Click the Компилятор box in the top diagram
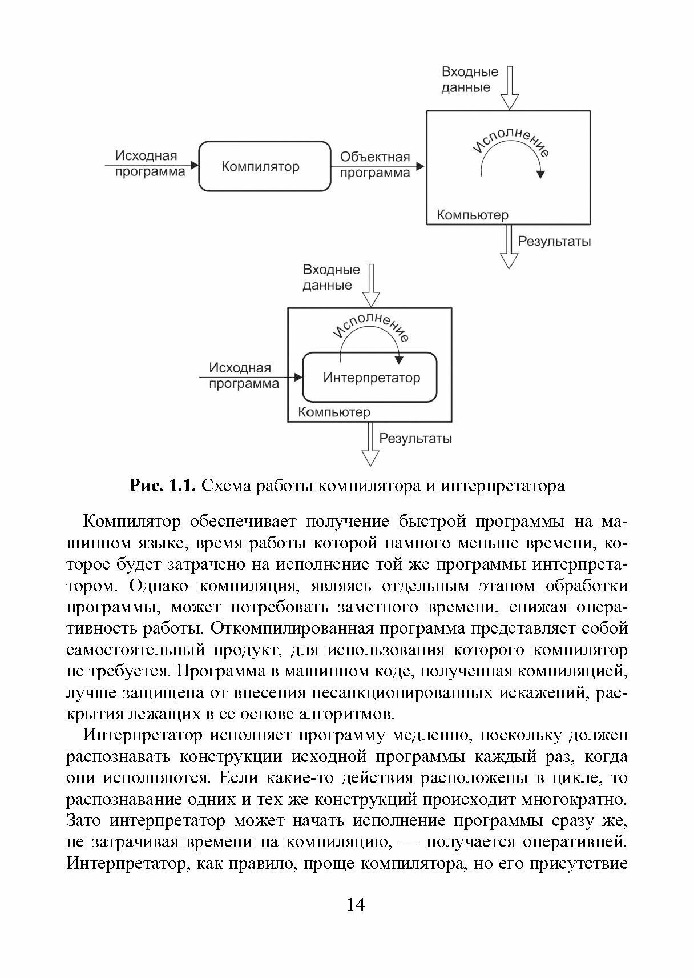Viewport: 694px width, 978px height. tap(264, 166)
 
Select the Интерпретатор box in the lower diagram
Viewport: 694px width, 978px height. tap(370, 378)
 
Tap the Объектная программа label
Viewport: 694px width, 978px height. tap(375, 165)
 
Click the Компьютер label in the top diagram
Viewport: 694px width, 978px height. tap(472, 215)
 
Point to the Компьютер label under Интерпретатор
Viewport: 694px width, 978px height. tap(334, 412)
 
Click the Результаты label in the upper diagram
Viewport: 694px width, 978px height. tap(554, 241)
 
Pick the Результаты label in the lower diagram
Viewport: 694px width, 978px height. tap(415, 438)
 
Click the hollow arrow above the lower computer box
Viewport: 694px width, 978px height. tap(371, 286)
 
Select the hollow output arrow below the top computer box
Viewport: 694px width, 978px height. tap(509, 247)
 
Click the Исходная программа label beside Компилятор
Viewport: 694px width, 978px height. tap(150, 163)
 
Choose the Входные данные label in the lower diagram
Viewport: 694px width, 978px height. tap(331, 277)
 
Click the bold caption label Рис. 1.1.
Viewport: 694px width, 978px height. tap(163, 486)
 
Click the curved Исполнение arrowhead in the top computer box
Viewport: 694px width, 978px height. tap(540, 174)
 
